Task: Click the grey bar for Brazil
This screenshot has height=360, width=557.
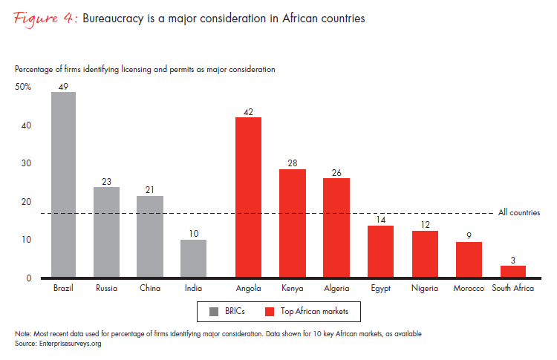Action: click(63, 185)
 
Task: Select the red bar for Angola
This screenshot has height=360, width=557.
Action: click(248, 197)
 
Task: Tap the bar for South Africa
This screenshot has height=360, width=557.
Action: click(512, 272)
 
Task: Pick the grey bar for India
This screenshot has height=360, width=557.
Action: click(193, 258)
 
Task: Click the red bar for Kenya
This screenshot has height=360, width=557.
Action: click(292, 223)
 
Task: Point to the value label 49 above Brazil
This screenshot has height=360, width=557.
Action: click(63, 87)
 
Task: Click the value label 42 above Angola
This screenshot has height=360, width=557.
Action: click(248, 112)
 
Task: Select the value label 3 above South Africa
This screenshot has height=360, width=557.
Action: click(512, 261)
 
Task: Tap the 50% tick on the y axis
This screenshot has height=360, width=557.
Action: click(23, 87)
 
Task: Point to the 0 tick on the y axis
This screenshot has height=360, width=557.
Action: click(28, 278)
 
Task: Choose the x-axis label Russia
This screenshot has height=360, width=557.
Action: click(106, 288)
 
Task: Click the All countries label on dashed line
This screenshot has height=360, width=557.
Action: click(518, 213)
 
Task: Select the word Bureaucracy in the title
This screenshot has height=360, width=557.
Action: click(113, 19)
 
